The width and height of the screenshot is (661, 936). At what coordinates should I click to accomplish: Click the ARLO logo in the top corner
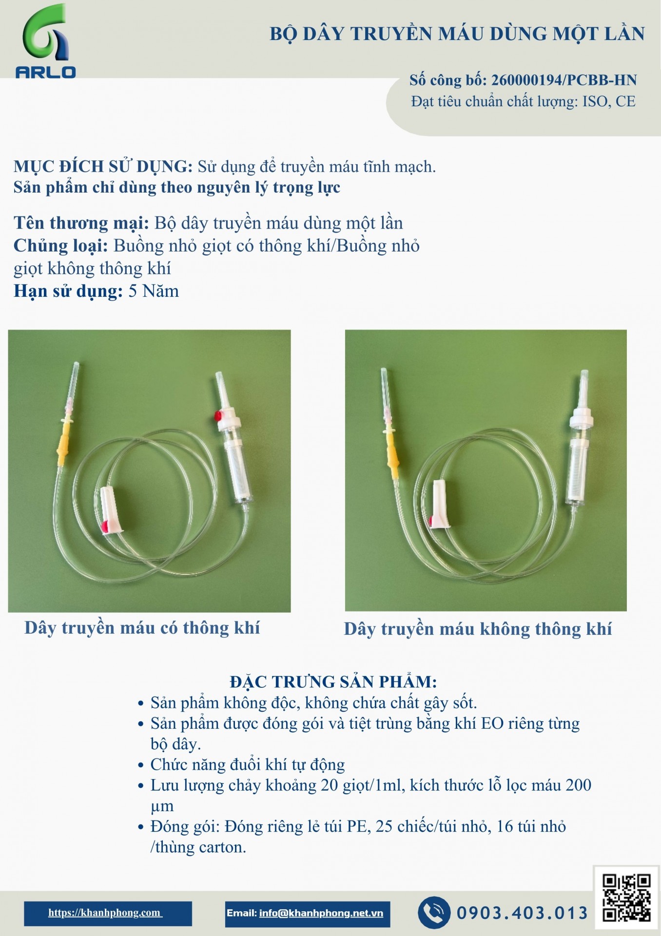[x=46, y=41]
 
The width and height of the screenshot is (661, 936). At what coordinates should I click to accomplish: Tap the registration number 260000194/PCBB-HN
[x=564, y=80]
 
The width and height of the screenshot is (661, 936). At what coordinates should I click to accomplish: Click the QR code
[x=626, y=897]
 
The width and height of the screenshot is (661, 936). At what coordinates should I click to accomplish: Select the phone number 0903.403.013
[x=522, y=913]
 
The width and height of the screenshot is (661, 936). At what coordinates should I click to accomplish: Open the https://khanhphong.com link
[x=105, y=913]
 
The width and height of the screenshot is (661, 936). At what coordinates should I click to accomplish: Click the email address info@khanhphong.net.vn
[x=321, y=913]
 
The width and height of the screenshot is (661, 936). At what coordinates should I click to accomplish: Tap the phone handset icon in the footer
[x=434, y=912]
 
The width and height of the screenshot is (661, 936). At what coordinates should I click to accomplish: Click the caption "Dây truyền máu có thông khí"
[x=142, y=628]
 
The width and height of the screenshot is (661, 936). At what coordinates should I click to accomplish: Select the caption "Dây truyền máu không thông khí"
[x=478, y=629]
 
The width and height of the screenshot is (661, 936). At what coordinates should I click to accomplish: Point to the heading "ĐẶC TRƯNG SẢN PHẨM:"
[x=333, y=682]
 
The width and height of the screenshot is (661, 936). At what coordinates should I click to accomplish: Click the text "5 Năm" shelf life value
[x=154, y=292]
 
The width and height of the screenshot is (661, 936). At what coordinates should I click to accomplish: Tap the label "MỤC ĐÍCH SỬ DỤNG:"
[x=103, y=167]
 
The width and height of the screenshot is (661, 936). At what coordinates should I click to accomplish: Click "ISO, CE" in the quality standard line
[x=609, y=101]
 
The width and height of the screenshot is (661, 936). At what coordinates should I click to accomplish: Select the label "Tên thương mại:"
[x=81, y=223]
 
